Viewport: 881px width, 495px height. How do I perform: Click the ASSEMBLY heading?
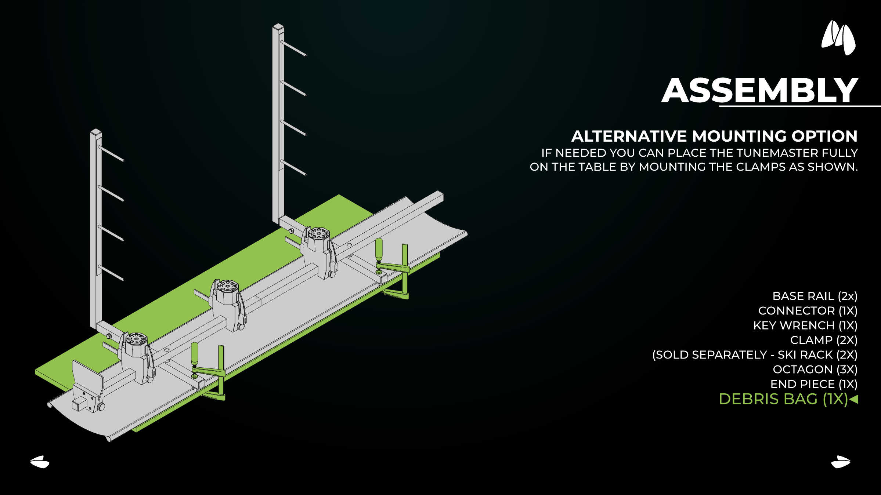[760, 90]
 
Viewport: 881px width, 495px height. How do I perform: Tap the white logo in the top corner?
[839, 38]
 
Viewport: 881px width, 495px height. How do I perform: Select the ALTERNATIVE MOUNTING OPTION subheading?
[714, 136]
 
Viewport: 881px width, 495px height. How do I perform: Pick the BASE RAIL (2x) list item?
[815, 296]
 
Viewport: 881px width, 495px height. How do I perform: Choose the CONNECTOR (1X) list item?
[808, 311]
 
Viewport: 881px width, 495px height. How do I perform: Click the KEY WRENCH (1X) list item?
[805, 325]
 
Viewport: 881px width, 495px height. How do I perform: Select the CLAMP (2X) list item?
[824, 340]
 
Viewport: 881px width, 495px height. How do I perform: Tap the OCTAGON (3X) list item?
[815, 370]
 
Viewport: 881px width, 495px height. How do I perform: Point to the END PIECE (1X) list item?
[814, 384]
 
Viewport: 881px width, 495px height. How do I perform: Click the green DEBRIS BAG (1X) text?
[783, 399]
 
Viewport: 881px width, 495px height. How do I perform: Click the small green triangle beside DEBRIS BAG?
[853, 399]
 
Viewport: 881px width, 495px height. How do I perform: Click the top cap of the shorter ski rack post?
[96, 132]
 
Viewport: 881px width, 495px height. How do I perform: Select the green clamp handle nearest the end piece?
[195, 354]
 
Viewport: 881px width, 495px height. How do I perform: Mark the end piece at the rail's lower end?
[87, 387]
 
